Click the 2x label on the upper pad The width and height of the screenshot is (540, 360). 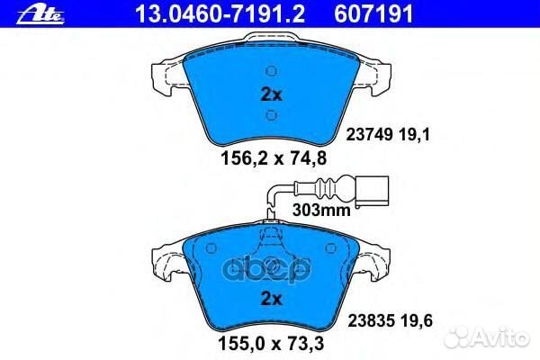[271, 94]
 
